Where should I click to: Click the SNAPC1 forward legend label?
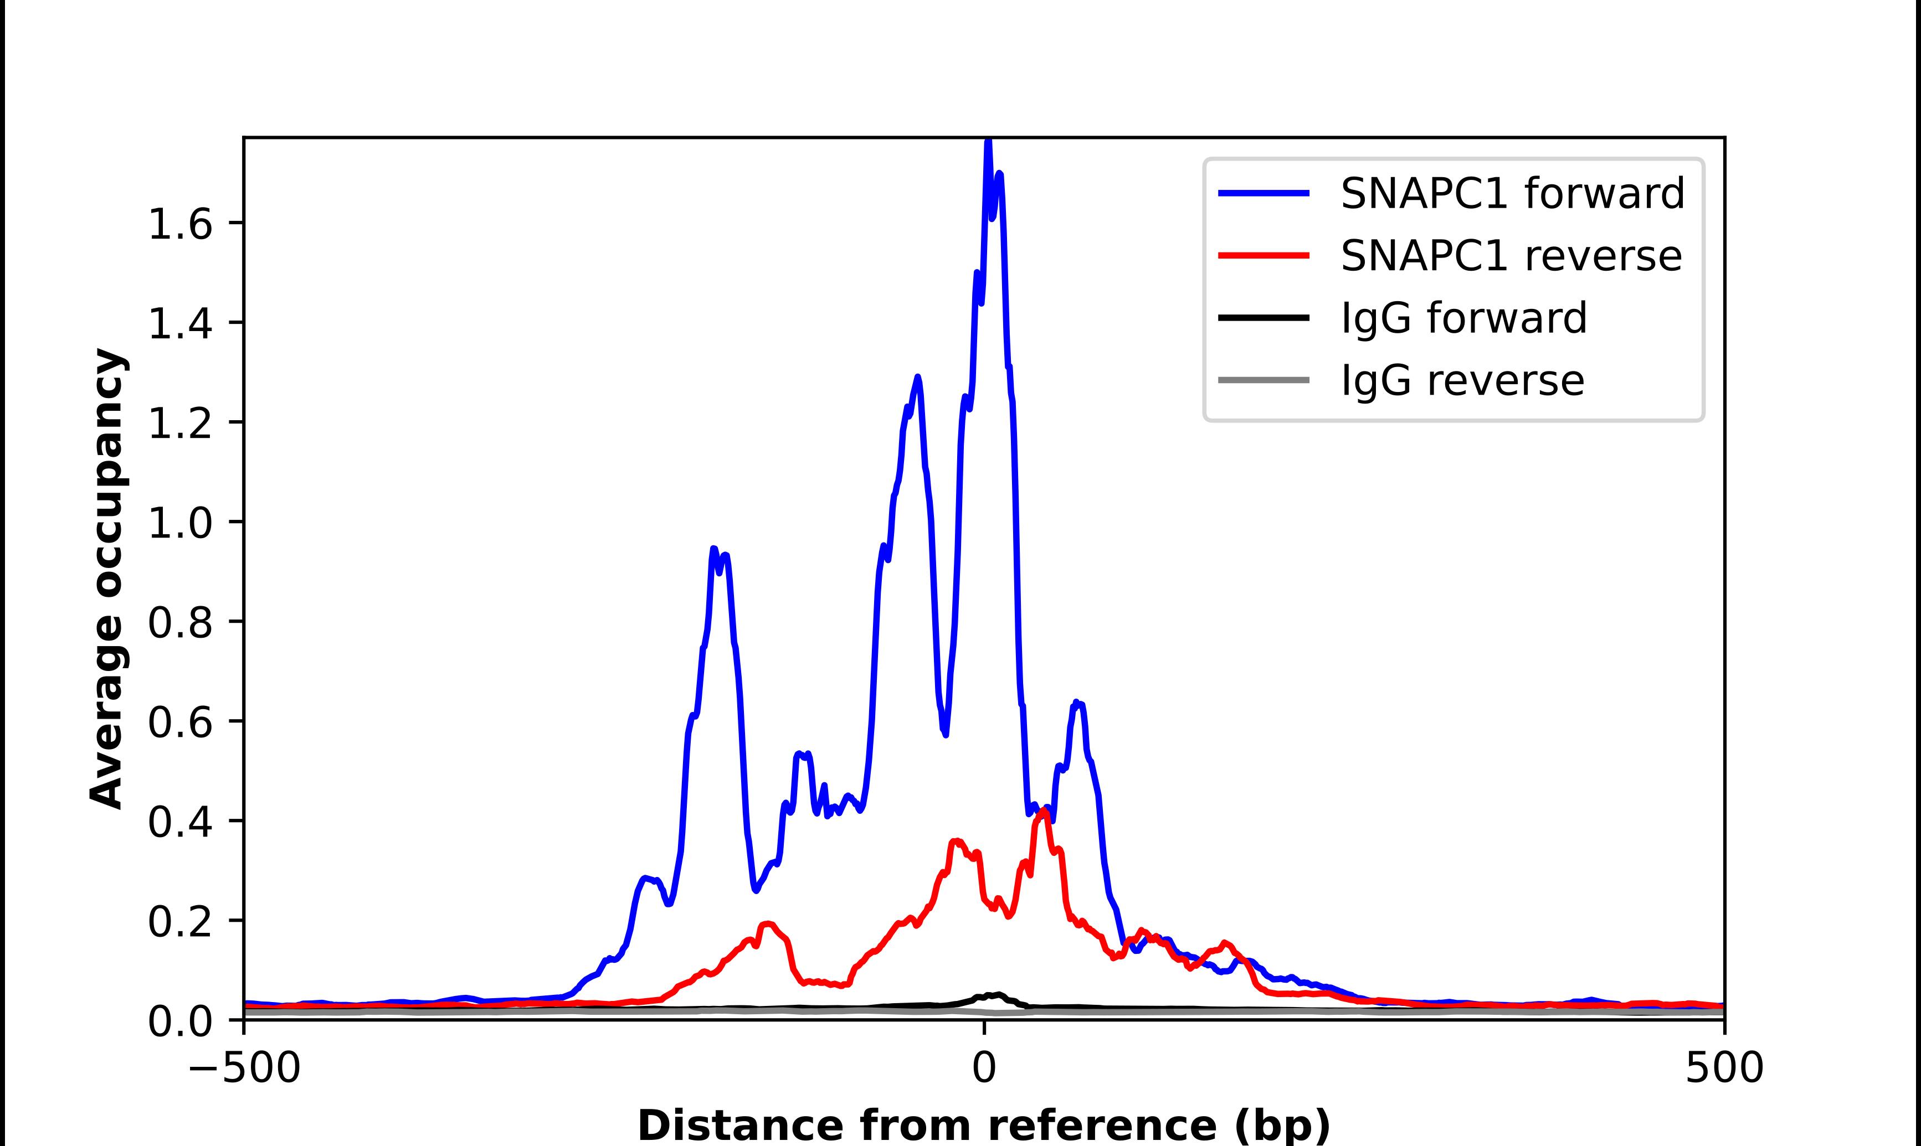pos(1512,193)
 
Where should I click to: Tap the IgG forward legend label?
pos(1463,318)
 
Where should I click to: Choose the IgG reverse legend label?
pos(1462,380)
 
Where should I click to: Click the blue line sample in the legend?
pos(1263,193)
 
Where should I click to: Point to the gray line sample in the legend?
pos(1263,380)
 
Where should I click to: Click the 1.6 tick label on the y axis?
pos(179,224)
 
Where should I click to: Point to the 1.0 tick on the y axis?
pos(179,523)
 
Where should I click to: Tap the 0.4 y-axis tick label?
pos(179,822)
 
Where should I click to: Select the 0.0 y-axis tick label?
pos(179,1021)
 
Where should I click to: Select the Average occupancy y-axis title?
pos(106,579)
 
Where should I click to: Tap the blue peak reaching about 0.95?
pos(713,548)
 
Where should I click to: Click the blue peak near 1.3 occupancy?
pos(918,378)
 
